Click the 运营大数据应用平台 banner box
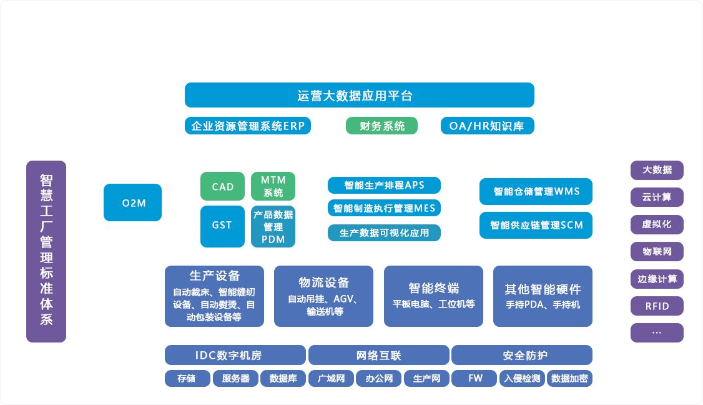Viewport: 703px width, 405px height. (x=359, y=95)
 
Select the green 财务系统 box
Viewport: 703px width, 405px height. (x=381, y=126)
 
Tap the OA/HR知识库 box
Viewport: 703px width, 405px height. (x=487, y=126)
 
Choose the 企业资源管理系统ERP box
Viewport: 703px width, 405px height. (x=248, y=126)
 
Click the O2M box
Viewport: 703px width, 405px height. (x=132, y=202)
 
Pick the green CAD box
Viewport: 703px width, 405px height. (x=222, y=186)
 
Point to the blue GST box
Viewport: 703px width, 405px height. (x=222, y=226)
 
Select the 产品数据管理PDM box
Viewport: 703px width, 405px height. (x=273, y=226)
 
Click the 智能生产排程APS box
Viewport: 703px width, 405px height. (x=384, y=185)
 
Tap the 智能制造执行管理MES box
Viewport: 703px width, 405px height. (x=384, y=208)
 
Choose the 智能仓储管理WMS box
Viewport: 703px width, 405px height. (x=536, y=191)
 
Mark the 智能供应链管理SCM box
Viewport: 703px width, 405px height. (x=536, y=225)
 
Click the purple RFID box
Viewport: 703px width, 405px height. (x=657, y=306)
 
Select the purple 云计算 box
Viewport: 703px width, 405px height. (x=657, y=197)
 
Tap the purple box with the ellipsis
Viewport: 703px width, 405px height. (x=657, y=332)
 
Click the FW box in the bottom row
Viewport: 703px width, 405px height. (x=474, y=378)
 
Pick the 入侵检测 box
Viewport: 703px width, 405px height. (x=522, y=378)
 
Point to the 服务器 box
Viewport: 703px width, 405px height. (x=235, y=378)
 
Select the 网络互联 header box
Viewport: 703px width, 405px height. (x=378, y=355)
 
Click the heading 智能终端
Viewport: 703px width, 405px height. (x=433, y=288)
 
